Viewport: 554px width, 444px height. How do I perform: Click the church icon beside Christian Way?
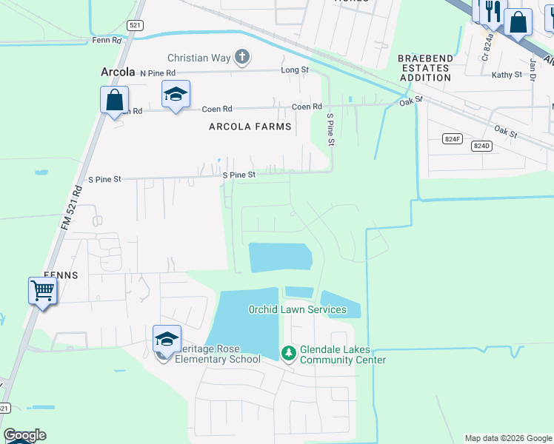pos(241,57)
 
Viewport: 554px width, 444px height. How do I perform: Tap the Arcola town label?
pos(117,73)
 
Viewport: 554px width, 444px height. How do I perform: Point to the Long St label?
pos(294,70)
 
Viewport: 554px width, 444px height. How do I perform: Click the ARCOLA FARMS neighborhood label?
pos(250,127)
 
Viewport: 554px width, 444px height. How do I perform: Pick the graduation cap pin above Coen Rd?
pos(176,94)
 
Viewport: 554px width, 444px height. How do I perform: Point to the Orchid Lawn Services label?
pos(297,309)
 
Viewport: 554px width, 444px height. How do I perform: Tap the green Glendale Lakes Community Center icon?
pos(288,354)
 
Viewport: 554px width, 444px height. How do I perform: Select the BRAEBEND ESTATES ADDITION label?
pos(424,67)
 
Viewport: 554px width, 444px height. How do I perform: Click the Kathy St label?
pos(507,75)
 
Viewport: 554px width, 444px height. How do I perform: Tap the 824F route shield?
pos(452,138)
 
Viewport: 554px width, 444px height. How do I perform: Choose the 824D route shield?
pos(481,146)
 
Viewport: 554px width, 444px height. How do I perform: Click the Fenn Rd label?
pos(107,40)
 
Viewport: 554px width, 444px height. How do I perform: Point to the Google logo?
pos(24,435)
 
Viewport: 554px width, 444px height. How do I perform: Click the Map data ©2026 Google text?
pos(508,438)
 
